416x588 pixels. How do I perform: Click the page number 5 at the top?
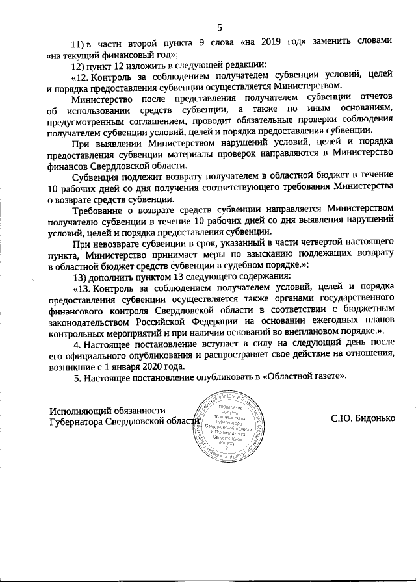(x=219, y=27)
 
